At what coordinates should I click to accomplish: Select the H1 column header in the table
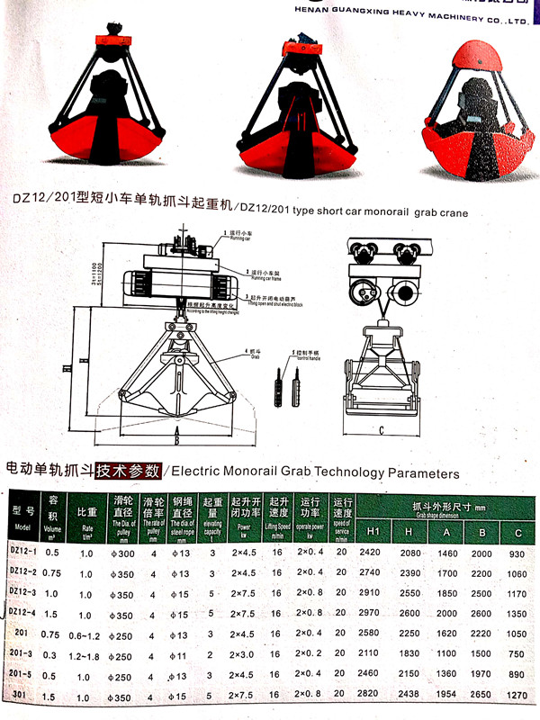[370, 526]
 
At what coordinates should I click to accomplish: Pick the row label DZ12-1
[24, 551]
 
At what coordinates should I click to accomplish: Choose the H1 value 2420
[370, 551]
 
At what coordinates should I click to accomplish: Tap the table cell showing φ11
[183, 653]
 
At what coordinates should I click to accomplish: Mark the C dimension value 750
[517, 653]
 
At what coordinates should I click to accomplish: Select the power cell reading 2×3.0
[244, 653]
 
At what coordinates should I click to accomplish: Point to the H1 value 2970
[370, 612]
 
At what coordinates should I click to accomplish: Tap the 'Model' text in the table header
[23, 527]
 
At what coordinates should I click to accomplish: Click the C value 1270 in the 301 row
[516, 695]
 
